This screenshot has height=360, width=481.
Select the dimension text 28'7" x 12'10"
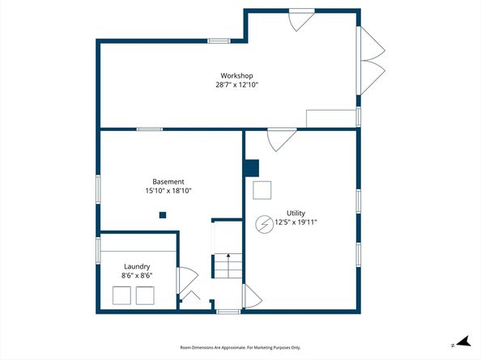click(x=236, y=84)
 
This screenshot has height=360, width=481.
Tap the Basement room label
click(x=168, y=181)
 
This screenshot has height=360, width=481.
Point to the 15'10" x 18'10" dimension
click(x=168, y=191)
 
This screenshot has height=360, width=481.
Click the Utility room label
click(x=284, y=213)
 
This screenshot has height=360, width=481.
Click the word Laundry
click(x=137, y=266)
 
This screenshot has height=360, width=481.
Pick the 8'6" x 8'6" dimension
click(x=137, y=276)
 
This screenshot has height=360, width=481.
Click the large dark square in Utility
click(x=251, y=168)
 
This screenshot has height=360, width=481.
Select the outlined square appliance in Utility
click(x=262, y=190)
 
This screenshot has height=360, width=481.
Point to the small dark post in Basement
click(x=163, y=214)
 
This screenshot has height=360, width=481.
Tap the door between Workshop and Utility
click(x=281, y=139)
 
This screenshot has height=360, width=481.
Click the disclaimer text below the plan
click(x=240, y=347)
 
